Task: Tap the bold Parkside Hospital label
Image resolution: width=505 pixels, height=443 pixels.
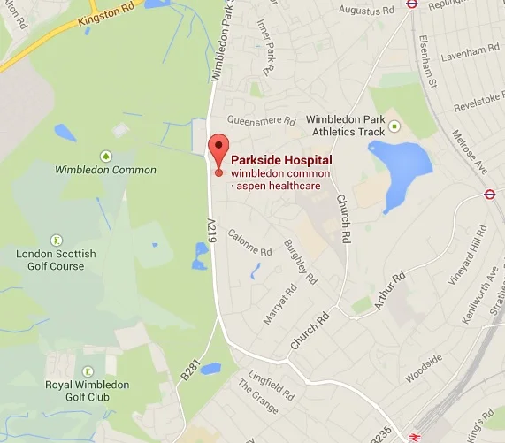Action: coord(281,160)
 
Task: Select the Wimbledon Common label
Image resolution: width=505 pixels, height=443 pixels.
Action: coord(105,170)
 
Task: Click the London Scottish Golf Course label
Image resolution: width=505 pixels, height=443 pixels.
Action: coord(57,260)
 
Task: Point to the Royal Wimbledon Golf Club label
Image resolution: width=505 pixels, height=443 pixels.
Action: coord(88,391)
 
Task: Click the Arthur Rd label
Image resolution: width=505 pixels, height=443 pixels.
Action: coord(386,291)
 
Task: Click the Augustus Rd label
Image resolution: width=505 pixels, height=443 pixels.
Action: coord(363,11)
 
